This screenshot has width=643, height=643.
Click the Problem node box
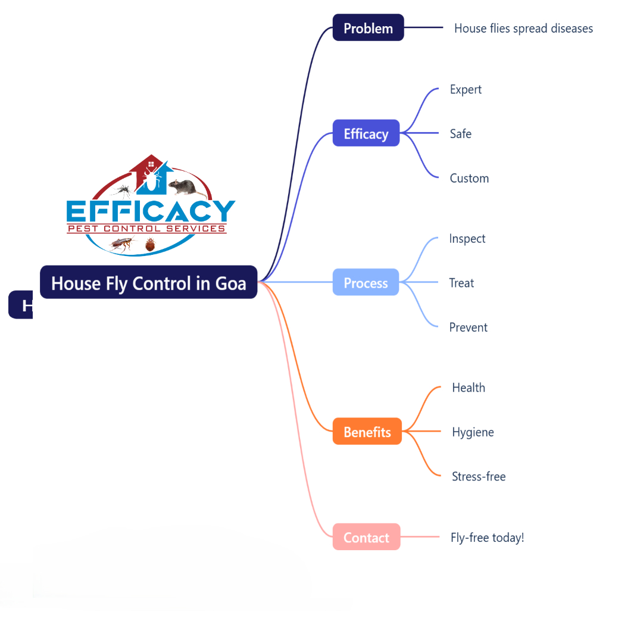(x=368, y=28)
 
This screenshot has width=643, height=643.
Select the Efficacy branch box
(x=366, y=133)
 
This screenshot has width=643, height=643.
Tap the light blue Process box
(x=366, y=283)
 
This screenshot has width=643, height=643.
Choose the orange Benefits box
(x=367, y=432)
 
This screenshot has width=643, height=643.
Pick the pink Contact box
(x=366, y=537)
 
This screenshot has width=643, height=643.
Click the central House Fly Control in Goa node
(x=148, y=283)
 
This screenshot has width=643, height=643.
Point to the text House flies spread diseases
(x=523, y=28)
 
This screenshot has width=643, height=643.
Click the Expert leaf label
(x=466, y=89)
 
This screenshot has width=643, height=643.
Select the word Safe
(x=460, y=133)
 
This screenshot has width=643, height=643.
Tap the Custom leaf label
(x=469, y=178)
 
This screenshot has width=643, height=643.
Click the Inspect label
(x=467, y=238)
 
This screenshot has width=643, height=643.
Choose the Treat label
(x=461, y=283)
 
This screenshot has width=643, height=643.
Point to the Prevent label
(x=468, y=327)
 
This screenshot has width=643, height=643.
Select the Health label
(x=468, y=388)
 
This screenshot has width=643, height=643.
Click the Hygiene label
(x=473, y=432)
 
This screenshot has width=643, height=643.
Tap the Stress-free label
(x=478, y=476)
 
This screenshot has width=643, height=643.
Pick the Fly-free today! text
(x=487, y=537)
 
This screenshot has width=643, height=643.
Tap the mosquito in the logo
(x=123, y=191)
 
